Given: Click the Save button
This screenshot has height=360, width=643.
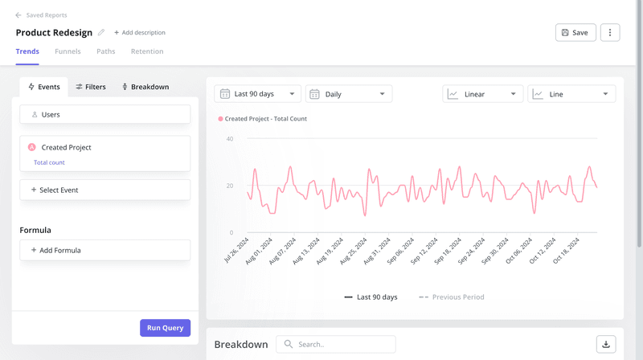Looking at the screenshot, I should (575, 33).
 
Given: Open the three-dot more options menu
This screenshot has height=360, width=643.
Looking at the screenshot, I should (610, 33).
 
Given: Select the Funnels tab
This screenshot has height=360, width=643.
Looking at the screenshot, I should (68, 51).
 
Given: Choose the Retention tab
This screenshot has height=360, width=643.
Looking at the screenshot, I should (147, 51).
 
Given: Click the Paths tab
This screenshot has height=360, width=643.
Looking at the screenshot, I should (105, 51).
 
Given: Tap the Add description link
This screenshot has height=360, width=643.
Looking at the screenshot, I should (140, 33).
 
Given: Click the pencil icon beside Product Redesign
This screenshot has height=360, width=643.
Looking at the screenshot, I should (101, 33).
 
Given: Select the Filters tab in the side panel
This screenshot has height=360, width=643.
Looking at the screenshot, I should (91, 87).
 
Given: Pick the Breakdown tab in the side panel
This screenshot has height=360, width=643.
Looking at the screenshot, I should (145, 87).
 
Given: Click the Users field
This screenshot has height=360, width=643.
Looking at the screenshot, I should (104, 115).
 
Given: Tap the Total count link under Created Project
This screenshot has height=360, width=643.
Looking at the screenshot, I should (49, 162).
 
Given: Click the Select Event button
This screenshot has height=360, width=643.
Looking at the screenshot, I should (104, 190).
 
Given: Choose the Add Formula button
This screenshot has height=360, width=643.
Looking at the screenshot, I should (104, 250).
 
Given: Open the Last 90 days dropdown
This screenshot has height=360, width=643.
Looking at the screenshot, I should (257, 94).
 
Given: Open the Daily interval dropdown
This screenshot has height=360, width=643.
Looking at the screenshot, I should (349, 94).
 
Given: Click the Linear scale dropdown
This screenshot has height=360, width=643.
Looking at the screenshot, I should (482, 94).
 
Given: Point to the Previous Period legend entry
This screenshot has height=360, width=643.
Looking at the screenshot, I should (452, 297).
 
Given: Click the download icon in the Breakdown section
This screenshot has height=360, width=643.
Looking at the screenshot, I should (606, 344).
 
